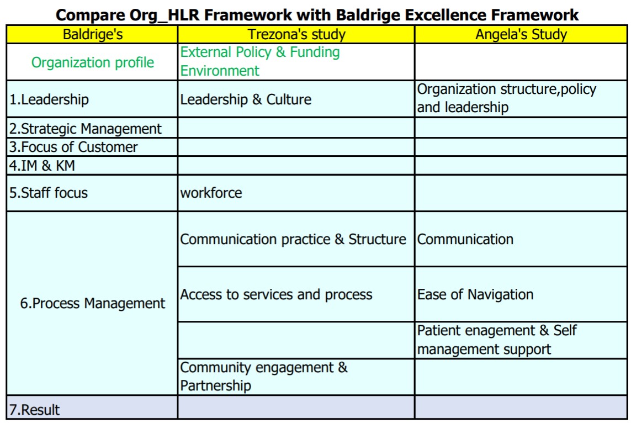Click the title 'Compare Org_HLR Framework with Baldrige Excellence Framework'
(317, 15)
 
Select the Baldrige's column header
(93, 34)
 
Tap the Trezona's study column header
(296, 34)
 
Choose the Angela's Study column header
(521, 34)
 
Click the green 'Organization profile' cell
(93, 62)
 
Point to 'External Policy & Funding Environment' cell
(260, 61)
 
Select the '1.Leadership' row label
(49, 99)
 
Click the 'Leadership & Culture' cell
(246, 99)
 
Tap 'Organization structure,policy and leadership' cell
(507, 98)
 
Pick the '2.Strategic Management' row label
(86, 129)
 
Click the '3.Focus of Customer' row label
(73, 147)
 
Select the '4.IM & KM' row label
(42, 166)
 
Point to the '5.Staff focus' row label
(48, 193)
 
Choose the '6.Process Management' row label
(93, 304)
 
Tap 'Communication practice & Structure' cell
(293, 240)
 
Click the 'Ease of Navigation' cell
(475, 295)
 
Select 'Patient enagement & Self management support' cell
(497, 340)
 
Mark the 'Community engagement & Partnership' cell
(263, 376)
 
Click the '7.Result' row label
(34, 410)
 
